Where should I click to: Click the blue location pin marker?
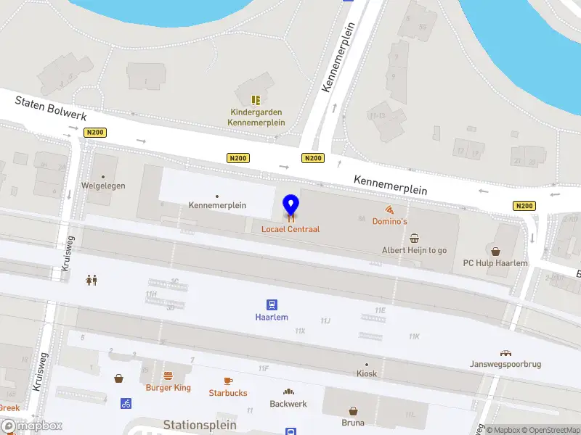tap(290, 207)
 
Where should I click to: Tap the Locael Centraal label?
tap(290, 229)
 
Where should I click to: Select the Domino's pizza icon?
tap(390, 209)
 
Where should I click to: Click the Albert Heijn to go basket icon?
tap(415, 238)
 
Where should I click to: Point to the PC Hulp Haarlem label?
tap(495, 263)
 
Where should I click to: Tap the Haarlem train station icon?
tap(272, 304)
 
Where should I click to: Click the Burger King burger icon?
tap(168, 376)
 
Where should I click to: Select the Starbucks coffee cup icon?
tap(228, 381)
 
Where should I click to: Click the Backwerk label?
tap(288, 404)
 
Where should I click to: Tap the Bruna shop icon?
tap(353, 410)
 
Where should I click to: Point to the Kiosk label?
tap(367, 374)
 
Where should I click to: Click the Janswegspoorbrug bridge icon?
tap(506, 352)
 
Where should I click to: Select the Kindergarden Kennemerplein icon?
tap(256, 100)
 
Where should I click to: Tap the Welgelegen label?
tap(103, 186)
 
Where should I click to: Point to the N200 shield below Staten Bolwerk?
tap(94, 133)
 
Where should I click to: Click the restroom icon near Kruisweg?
tap(92, 280)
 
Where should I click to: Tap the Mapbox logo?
tap(32, 426)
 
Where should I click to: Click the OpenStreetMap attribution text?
tap(548, 430)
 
